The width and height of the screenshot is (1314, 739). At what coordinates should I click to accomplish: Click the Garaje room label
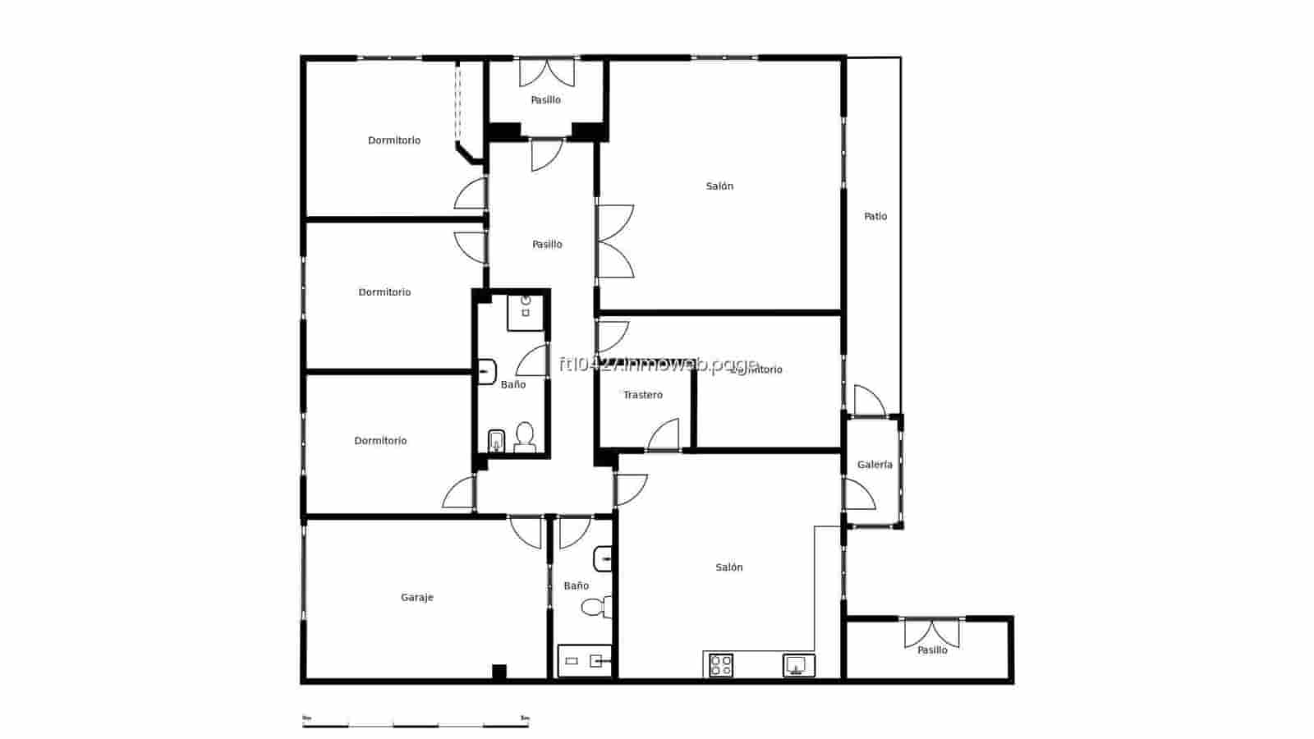coord(417,598)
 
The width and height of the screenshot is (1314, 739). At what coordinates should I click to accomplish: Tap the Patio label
coord(875,217)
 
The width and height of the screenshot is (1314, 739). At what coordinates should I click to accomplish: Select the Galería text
coord(875,465)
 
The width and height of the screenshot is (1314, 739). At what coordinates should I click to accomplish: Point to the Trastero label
coord(642,395)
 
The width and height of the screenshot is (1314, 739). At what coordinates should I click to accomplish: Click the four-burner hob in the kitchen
coord(721,665)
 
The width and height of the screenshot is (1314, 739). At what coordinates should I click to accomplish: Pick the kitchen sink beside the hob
coord(797,664)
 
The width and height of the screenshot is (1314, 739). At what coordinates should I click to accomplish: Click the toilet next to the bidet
coord(525,437)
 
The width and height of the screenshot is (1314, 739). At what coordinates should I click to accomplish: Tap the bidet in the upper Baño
coord(496,441)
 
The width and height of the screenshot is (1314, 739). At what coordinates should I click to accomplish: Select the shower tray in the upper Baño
coord(526,312)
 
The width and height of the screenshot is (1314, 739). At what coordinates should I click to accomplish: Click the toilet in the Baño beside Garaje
coord(595,608)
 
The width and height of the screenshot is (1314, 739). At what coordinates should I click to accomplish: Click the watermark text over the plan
coord(658,365)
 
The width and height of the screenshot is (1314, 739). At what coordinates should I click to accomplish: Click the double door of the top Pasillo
coord(547,72)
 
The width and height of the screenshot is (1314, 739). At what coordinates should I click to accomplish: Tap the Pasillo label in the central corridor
coord(547,245)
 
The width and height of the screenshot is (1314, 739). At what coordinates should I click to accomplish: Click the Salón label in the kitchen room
coord(729,567)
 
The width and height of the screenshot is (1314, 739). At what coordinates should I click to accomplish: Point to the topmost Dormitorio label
coord(394,140)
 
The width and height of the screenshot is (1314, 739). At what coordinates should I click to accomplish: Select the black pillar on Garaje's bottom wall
coord(498,672)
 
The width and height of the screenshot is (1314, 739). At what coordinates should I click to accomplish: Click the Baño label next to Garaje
coord(576,586)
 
